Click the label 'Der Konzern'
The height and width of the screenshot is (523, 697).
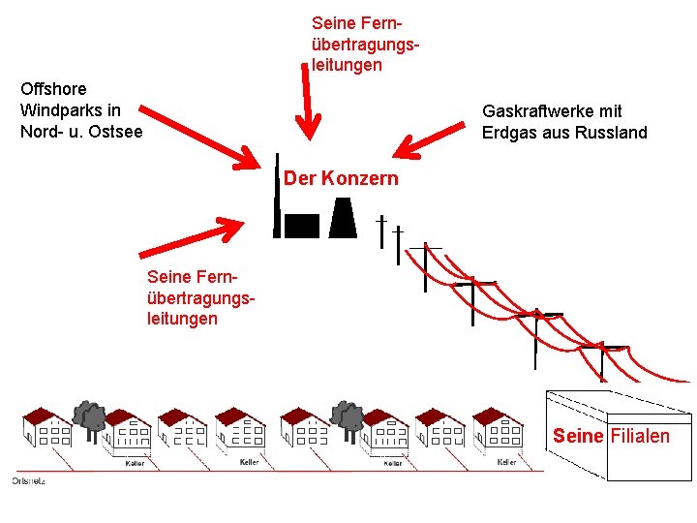coord(341,178)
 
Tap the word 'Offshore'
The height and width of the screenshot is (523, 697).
coord(53,89)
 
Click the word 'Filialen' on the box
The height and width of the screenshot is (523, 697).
coord(639,436)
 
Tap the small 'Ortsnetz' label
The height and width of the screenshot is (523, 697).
coord(29,479)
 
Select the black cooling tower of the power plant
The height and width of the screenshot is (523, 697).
coord(343,218)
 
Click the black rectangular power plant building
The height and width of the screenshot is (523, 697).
coord(302,226)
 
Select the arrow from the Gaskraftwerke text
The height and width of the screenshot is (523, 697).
coord(430,141)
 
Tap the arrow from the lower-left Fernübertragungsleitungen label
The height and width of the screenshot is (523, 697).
coord(193,236)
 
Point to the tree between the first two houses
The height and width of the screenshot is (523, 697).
coord(91,417)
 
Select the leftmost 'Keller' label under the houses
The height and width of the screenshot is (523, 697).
coord(135,463)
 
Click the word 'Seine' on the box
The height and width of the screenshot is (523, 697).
coord(578,436)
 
